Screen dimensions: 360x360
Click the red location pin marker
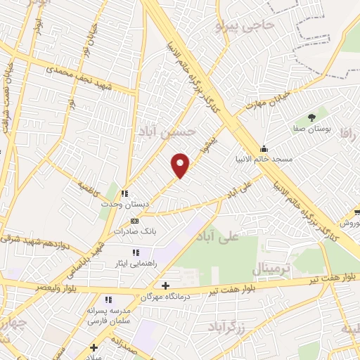[181, 165]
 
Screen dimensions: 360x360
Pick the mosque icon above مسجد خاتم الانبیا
[264, 148]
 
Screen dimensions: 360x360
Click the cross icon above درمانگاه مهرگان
[165, 285]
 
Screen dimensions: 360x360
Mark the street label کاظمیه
[89, 190]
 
